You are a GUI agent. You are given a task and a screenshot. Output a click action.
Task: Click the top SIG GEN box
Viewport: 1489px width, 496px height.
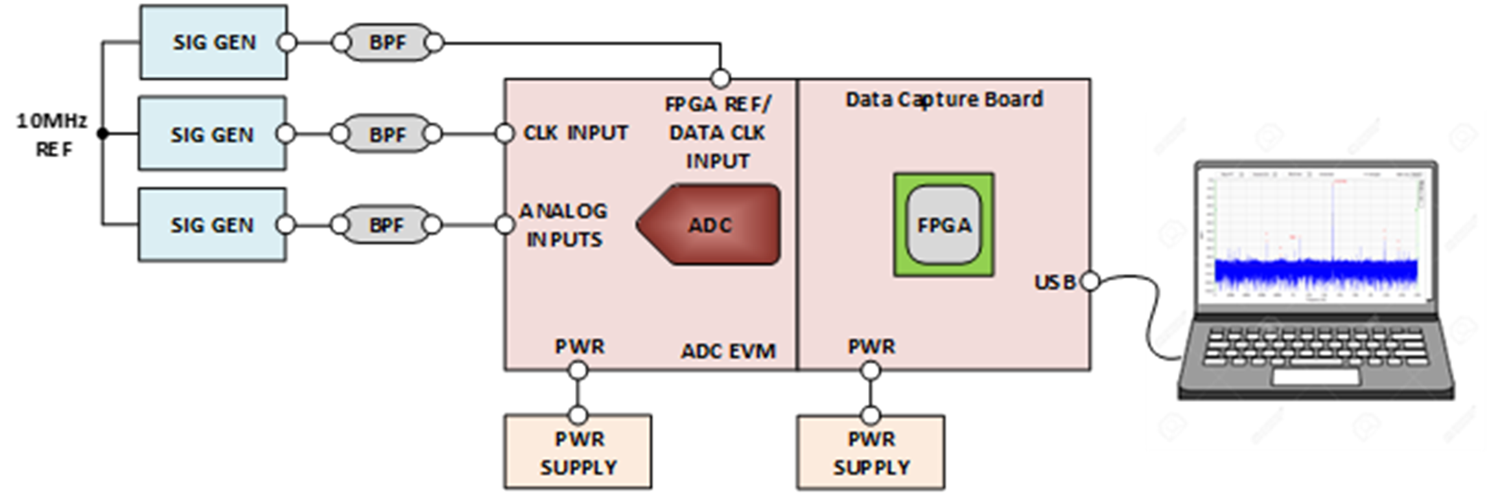213,42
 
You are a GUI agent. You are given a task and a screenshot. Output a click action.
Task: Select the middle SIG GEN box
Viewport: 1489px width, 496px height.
212,134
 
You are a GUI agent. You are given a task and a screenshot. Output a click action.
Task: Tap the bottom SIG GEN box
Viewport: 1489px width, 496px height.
212,225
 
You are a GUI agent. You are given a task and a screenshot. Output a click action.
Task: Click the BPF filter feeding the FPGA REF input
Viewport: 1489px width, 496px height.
387,43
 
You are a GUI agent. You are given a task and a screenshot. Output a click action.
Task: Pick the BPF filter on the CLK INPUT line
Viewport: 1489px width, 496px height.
387,134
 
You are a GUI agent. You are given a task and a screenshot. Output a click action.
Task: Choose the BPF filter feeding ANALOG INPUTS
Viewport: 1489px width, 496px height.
386,225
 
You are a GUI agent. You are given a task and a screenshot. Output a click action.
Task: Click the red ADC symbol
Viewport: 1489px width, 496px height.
710,225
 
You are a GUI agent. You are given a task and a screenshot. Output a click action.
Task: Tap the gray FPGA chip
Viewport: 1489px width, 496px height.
943,225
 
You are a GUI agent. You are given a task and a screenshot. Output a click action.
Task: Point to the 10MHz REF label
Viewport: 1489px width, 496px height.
52,135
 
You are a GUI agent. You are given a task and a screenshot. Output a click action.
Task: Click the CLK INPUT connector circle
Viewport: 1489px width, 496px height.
505,134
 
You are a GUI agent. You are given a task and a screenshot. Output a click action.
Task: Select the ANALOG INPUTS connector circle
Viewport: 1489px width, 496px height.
505,225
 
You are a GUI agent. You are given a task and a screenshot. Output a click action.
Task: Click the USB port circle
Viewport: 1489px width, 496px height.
1090,282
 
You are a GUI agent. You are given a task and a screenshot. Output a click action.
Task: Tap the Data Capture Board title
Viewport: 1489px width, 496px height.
944,99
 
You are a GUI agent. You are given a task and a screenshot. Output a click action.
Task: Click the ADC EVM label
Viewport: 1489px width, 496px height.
727,351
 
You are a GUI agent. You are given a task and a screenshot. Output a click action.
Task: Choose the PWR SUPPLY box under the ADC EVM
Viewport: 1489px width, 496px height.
578,452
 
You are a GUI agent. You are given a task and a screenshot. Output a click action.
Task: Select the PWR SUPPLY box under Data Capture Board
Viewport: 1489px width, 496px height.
871,452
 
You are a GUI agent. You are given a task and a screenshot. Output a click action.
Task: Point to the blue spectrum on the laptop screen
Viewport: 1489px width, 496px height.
1316,272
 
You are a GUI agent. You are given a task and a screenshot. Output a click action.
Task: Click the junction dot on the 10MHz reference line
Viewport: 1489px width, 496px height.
102,134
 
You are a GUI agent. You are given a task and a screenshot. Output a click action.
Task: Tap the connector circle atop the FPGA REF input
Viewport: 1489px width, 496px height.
720,79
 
